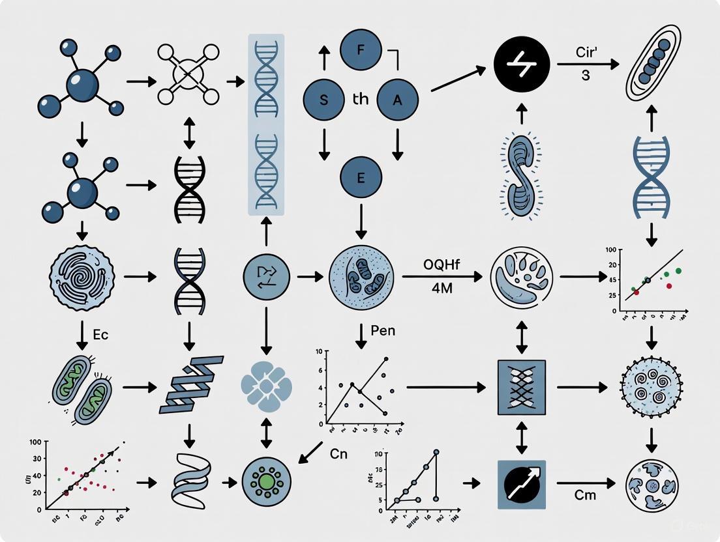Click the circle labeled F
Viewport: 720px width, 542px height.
pyautogui.click(x=361, y=49)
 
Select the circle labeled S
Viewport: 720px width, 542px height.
pyautogui.click(x=325, y=100)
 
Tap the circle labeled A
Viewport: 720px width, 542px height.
pyautogui.click(x=397, y=100)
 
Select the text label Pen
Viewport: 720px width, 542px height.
pyautogui.click(x=382, y=331)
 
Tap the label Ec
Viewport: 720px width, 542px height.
pyautogui.click(x=100, y=335)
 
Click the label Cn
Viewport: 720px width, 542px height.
pyautogui.click(x=338, y=454)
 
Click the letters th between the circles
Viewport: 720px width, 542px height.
pyautogui.click(x=361, y=100)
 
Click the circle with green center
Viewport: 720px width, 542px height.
pyautogui.click(x=265, y=483)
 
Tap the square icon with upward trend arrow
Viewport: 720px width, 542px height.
pyautogui.click(x=521, y=484)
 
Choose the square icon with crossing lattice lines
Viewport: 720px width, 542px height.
pyautogui.click(x=521, y=387)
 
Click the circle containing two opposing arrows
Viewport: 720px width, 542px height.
pyautogui.click(x=266, y=277)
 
